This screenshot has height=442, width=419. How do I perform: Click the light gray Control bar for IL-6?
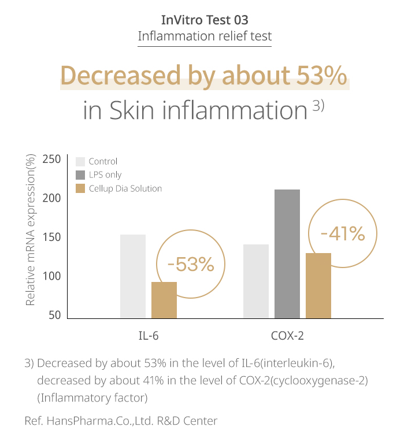coord(133,276)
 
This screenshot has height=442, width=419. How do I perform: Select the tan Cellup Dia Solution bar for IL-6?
coord(164,300)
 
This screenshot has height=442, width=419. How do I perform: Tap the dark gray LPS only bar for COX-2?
coord(287,254)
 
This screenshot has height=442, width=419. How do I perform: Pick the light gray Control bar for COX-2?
coord(256,281)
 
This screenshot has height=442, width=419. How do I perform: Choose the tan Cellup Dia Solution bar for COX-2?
coord(318,285)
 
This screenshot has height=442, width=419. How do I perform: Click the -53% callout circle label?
coord(191,265)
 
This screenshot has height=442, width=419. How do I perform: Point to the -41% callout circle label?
coord(343,234)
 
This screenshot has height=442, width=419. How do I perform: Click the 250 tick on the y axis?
coord(52,159)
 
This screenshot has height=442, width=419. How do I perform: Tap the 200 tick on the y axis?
coord(52,198)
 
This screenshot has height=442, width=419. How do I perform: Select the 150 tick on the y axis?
coord(52,237)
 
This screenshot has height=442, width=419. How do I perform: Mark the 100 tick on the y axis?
coord(52,277)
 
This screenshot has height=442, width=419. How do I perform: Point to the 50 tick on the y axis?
coord(55,315)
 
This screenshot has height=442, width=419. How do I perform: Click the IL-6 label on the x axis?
coord(149,335)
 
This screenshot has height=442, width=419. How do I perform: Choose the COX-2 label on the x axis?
coord(287,335)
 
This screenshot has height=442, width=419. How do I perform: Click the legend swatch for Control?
coord(80,161)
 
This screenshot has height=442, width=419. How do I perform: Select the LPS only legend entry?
coord(105,174)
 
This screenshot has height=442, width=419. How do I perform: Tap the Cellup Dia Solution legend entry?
coord(125,188)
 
